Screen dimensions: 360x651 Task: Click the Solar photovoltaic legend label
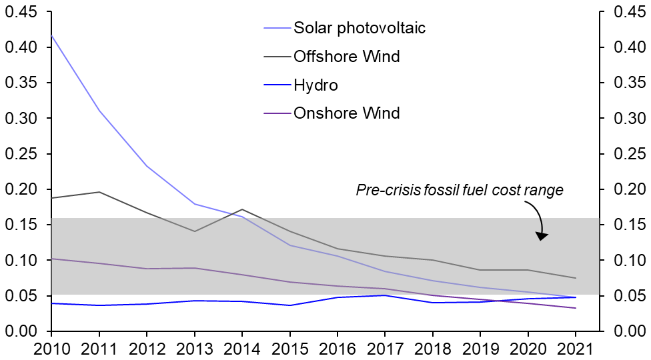point(359,28)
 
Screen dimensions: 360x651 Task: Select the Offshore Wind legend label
point(346,57)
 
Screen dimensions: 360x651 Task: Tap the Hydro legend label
point(315,85)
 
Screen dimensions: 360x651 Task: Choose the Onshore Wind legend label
point(346,113)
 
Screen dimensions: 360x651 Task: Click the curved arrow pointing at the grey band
point(538,220)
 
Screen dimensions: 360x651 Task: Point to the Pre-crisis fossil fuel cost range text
point(460,191)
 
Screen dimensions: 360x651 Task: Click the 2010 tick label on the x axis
point(51,347)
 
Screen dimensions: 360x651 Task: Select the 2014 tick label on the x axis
point(242,347)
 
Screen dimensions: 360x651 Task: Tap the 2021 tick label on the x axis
point(576,347)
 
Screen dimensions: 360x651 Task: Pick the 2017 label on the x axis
point(385,347)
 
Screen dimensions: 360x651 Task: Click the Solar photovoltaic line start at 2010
point(51,36)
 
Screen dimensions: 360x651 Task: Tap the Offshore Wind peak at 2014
point(242,209)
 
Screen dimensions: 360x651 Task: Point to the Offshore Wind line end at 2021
point(576,278)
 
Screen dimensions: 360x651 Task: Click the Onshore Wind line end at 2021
point(576,308)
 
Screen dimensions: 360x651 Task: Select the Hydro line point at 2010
point(51,303)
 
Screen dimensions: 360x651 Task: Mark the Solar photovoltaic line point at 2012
point(147,166)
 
